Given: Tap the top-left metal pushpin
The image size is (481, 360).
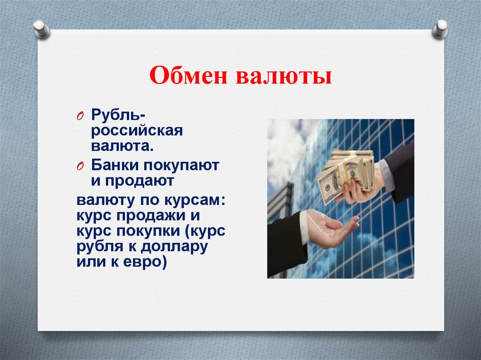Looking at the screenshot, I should (x=41, y=29).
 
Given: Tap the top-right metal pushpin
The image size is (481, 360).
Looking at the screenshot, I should (x=441, y=29).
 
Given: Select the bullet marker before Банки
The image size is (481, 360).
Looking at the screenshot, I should (x=80, y=166).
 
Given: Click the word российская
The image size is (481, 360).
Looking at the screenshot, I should (x=137, y=131).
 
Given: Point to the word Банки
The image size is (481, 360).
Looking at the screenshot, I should (x=114, y=165).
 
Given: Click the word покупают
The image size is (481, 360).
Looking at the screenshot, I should (x=180, y=165).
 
